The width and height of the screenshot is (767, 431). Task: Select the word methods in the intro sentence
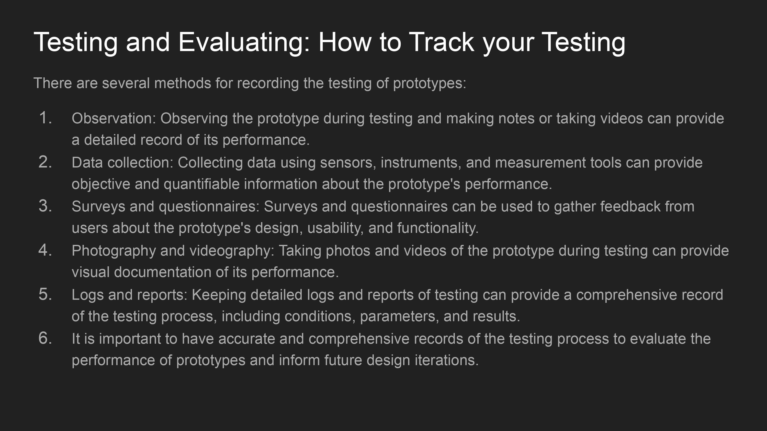click(183, 83)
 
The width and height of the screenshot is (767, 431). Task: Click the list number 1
click(45, 118)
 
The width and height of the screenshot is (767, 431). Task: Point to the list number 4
click(45, 250)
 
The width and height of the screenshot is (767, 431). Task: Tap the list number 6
click(45, 338)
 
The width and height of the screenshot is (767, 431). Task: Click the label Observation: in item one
click(114, 118)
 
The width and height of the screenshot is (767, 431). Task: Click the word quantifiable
click(201, 184)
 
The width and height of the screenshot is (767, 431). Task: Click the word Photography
click(114, 251)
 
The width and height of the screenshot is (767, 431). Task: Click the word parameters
click(399, 316)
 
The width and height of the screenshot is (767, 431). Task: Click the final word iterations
click(447, 360)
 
